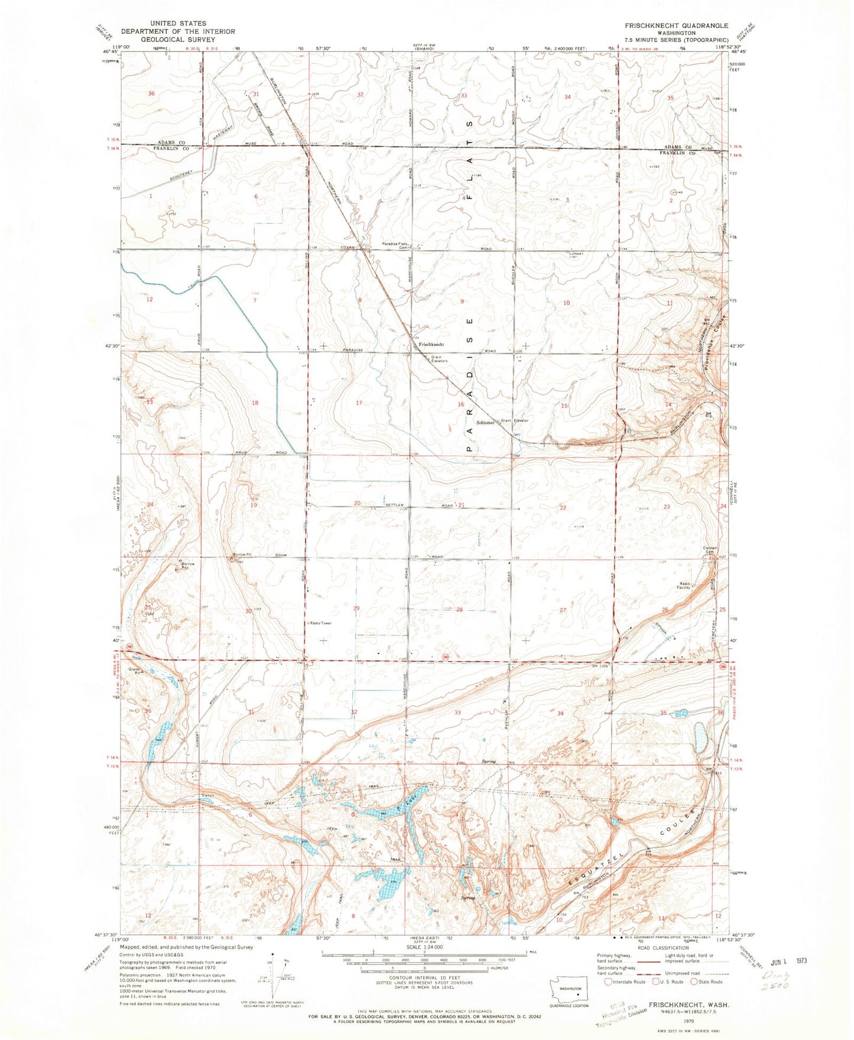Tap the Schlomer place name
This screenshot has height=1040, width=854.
click(x=484, y=423)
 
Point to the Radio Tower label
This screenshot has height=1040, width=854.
click(x=320, y=623)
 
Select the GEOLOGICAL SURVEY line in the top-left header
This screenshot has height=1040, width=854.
click(x=178, y=40)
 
